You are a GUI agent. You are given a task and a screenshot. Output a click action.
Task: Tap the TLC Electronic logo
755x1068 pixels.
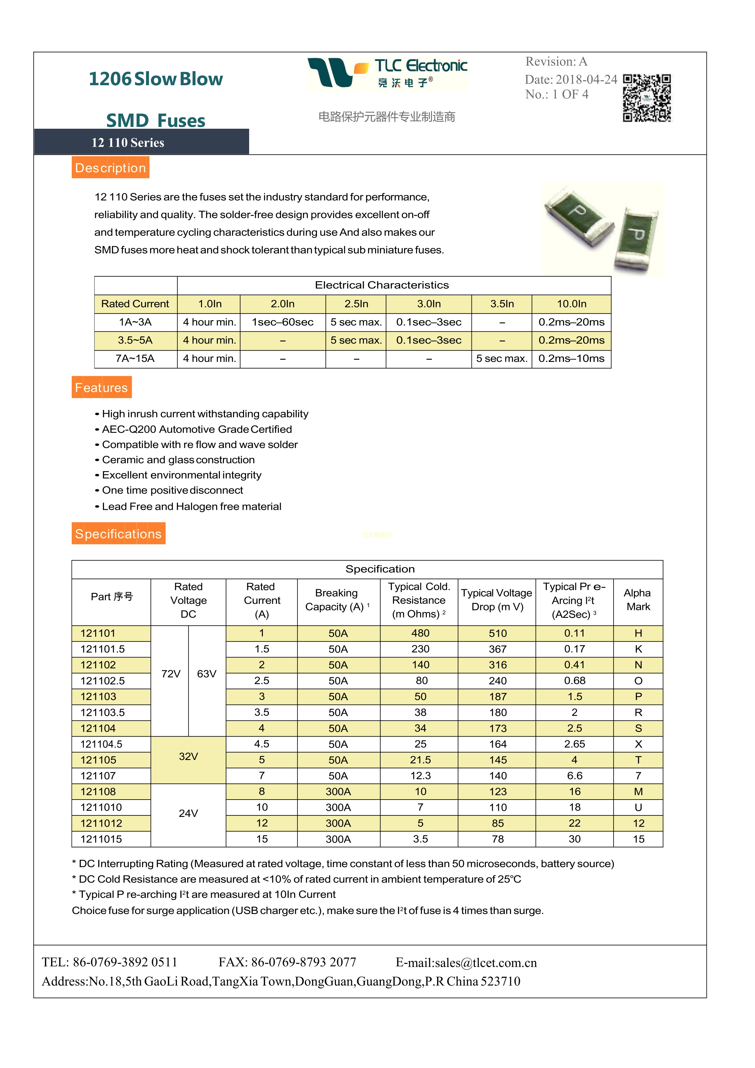387,73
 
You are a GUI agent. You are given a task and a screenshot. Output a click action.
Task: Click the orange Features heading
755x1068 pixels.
101,387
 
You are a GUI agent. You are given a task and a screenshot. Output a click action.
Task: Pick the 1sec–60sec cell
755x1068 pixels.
283,322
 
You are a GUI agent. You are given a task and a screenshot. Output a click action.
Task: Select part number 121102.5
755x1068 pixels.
103,681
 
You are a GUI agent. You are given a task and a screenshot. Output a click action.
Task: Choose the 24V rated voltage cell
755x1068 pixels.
188,814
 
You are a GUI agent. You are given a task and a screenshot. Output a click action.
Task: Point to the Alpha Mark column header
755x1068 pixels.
638,600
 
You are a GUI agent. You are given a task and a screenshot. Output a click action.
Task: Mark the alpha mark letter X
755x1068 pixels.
638,744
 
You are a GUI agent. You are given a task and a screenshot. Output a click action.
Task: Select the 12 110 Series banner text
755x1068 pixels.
128,143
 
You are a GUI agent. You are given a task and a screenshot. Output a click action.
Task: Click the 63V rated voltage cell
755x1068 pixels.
207,674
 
